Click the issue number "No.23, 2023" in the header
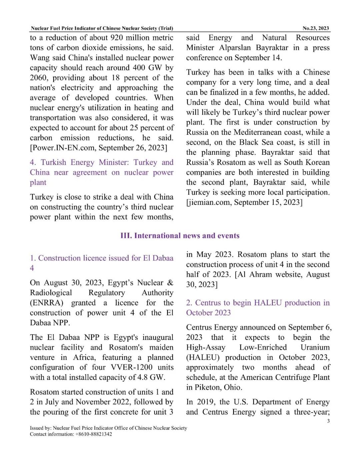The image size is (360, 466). (x=315, y=28)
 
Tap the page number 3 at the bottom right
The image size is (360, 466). (x=328, y=421)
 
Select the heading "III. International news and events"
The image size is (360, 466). (x=180, y=236)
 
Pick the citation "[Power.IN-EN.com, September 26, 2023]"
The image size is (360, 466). (x=99, y=148)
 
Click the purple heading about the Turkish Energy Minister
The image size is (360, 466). (x=102, y=172)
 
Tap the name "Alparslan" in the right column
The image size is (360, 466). (x=235, y=48)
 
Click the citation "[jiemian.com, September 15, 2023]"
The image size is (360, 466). (x=244, y=202)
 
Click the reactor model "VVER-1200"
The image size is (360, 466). (x=132, y=368)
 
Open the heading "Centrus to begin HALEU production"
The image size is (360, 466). (x=258, y=303)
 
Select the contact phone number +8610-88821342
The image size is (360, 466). (x=94, y=434)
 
